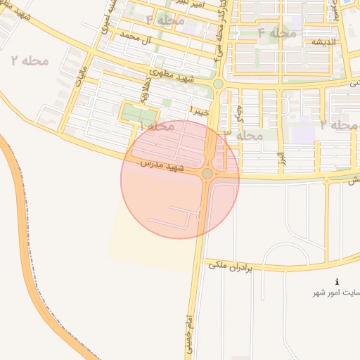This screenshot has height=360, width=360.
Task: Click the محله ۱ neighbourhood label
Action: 157,126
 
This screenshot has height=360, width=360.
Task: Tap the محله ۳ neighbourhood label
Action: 243,134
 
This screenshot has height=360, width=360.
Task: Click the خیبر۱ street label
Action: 200,109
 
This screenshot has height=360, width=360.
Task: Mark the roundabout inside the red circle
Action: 207,173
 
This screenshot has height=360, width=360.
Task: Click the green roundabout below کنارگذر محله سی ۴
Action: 218,84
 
